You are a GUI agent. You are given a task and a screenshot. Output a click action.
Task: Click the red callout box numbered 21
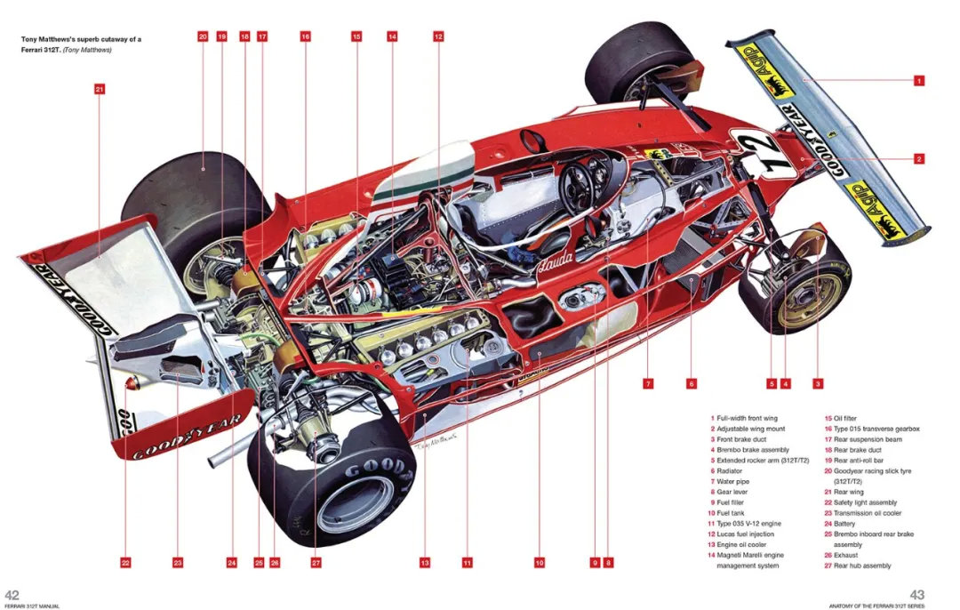click(x=99, y=88)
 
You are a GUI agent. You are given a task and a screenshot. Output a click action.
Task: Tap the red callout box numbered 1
click(x=919, y=80)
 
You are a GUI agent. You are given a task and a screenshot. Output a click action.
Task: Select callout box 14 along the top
click(x=392, y=36)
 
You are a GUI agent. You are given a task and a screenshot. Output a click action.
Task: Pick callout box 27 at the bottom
click(x=316, y=562)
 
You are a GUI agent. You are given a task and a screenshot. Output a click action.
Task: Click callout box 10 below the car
click(x=539, y=562)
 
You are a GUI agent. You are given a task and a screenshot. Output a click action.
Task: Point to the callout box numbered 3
click(x=817, y=383)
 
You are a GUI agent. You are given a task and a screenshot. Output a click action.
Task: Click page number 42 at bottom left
click(x=12, y=595)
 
